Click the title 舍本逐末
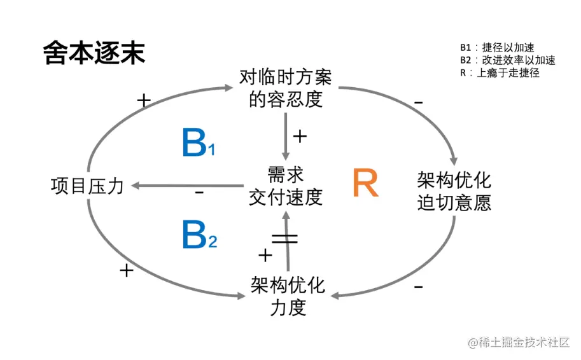[x=94, y=53]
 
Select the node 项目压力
[x=87, y=186]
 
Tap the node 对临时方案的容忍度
[x=286, y=88]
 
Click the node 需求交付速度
[x=286, y=186]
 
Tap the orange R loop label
[x=365, y=184]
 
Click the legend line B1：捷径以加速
[x=497, y=48]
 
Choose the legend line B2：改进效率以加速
[x=508, y=60]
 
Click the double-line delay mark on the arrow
[x=285, y=239]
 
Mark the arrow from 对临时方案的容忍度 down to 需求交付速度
[x=286, y=136]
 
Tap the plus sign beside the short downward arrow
[x=300, y=136]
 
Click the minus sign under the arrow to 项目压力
[x=199, y=193]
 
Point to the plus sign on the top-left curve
[x=144, y=101]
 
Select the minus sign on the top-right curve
[x=418, y=102]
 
